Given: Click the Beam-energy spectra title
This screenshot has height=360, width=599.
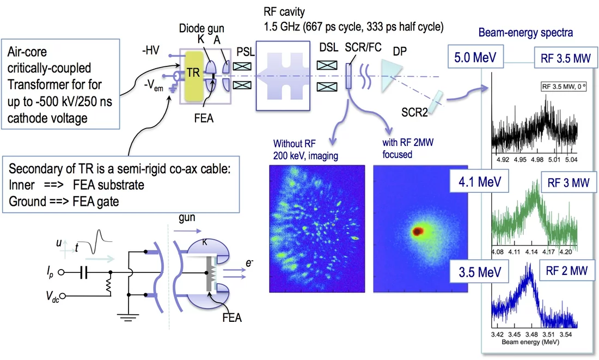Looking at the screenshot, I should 525,33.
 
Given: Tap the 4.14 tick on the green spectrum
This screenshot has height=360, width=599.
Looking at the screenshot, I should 532,252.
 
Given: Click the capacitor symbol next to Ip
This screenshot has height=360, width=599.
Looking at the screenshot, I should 85,271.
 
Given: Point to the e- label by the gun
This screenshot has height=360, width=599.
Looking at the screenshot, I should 249,263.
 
